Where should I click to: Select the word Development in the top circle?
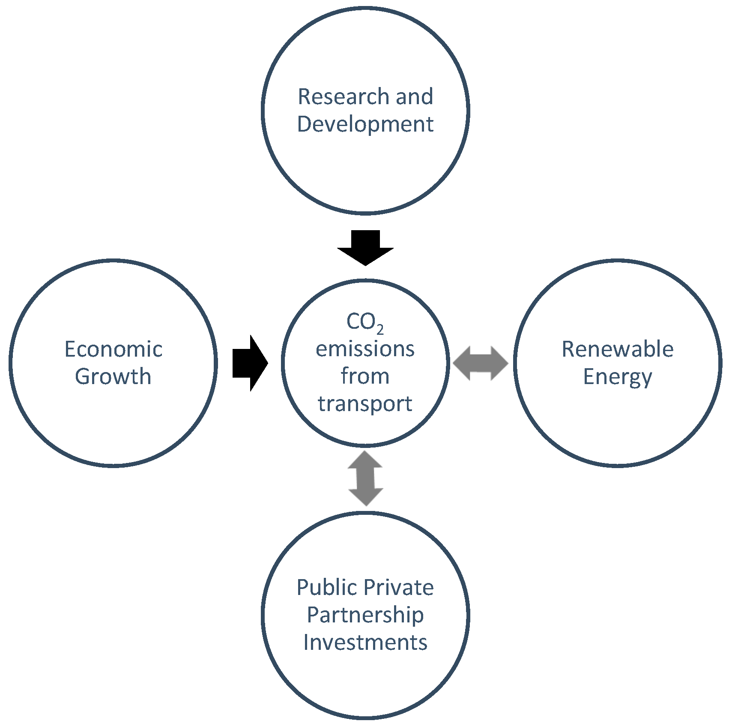[x=365, y=124]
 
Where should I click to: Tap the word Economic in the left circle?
[x=114, y=349]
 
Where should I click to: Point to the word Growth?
[x=113, y=377]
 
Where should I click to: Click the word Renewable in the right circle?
[x=617, y=349]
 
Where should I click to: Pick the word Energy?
[x=617, y=377]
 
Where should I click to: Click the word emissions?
[x=365, y=349]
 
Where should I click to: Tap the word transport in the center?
[x=365, y=404]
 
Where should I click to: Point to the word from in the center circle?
[x=365, y=376]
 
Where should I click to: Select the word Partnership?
[x=365, y=616]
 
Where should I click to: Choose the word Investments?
[x=365, y=643]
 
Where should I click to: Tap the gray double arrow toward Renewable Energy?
[x=481, y=363]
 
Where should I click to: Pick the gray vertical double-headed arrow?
[x=365, y=478]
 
